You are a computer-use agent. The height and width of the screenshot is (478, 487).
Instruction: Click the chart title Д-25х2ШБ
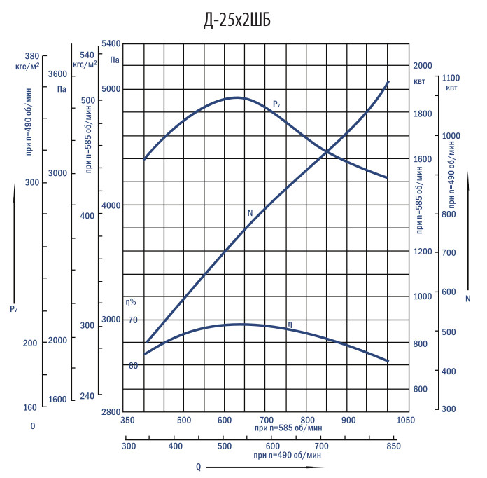[x=237, y=21]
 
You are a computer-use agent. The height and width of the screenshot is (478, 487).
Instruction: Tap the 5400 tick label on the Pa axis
[x=111, y=43]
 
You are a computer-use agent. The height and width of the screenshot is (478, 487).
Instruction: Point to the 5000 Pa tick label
[x=111, y=89]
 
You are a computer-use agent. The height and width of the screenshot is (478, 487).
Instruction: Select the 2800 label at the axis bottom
[x=111, y=411]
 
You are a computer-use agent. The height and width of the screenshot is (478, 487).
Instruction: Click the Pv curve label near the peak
[x=276, y=104]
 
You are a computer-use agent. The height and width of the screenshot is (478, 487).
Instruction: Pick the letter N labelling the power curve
[x=250, y=212]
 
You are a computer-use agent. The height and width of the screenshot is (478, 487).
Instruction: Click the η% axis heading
[x=131, y=301]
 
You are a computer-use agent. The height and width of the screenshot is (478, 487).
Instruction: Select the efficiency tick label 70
[x=133, y=320]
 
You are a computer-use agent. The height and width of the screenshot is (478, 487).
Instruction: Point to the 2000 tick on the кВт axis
[x=423, y=66]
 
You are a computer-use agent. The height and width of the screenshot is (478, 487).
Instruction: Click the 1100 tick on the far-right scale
[x=451, y=78]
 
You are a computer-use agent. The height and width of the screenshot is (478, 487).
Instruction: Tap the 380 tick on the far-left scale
[x=31, y=56]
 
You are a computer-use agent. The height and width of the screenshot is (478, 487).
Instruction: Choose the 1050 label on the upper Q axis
[x=406, y=421]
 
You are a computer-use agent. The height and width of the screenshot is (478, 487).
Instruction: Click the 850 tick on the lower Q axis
[x=393, y=445]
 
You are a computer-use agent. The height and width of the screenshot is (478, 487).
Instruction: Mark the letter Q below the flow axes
[x=198, y=467]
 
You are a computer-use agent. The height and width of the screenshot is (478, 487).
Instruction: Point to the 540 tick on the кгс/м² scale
[x=87, y=55]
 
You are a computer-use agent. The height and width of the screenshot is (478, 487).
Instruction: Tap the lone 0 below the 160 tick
[x=32, y=425]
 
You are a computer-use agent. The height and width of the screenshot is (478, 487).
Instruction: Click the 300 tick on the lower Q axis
[x=128, y=445]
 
